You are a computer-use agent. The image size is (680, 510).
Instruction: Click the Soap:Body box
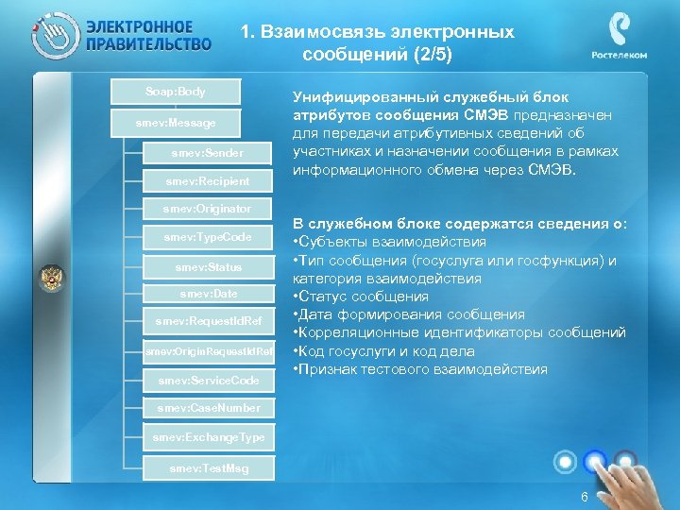point(176,93)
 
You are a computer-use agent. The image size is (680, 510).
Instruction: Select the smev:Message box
point(176,124)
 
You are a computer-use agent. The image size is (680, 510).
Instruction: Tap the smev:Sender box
point(207,153)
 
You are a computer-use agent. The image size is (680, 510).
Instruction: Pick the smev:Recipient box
point(207,181)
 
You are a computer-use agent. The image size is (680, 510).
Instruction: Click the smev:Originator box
point(207,208)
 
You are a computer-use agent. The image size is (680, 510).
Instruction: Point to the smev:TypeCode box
point(207,237)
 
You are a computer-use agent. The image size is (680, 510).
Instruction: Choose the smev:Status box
point(207,267)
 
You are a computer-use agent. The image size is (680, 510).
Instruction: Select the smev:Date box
point(207,295)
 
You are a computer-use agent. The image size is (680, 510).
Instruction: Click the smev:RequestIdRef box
point(207,323)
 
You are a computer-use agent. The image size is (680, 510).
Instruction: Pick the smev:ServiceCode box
point(207,381)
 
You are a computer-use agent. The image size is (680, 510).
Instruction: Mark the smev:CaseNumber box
point(207,409)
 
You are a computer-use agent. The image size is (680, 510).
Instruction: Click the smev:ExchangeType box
point(207,438)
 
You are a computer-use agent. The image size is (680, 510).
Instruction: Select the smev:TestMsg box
point(207,468)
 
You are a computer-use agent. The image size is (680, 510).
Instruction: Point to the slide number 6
point(585,497)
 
